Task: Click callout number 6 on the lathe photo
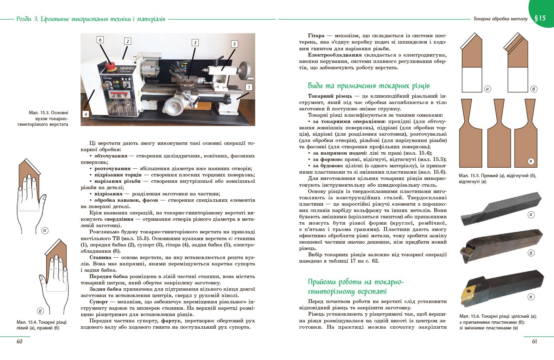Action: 100,40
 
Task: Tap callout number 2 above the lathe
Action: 128,41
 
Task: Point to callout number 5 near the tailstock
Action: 235,44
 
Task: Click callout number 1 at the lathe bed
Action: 249,87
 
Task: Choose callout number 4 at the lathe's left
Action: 85,114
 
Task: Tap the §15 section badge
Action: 540,18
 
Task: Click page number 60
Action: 19,341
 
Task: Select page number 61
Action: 534,341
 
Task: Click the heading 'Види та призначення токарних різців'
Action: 369,86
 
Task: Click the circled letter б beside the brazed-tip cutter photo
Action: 531,253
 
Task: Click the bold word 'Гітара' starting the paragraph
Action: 316,36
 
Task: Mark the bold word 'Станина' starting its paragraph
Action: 100,257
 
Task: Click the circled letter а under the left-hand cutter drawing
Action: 45,231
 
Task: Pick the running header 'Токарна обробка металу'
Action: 500,19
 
